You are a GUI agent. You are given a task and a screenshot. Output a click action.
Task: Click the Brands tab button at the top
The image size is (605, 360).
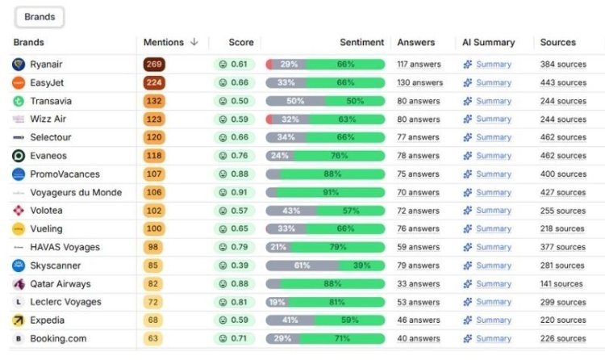pyautogui.click(x=39, y=16)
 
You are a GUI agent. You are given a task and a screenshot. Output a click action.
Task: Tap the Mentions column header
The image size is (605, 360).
pyautogui.click(x=164, y=43)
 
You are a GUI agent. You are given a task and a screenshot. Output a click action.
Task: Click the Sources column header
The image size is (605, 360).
pyautogui.click(x=558, y=43)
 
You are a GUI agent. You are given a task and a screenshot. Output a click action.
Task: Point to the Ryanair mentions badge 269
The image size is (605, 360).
pyautogui.click(x=153, y=65)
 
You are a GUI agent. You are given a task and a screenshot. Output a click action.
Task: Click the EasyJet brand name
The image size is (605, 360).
pyautogui.click(x=48, y=82)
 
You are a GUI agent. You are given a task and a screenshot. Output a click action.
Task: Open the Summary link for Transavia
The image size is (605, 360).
pyautogui.click(x=493, y=101)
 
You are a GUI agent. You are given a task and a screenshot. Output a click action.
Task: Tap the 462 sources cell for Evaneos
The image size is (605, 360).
pyautogui.click(x=563, y=156)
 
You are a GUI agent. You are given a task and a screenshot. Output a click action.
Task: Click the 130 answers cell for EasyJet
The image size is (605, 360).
pyautogui.click(x=419, y=82)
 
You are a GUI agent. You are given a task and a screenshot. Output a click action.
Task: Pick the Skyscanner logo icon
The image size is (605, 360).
pyautogui.click(x=19, y=266)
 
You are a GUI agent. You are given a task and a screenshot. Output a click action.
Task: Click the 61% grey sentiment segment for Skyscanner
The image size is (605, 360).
pyautogui.click(x=302, y=266)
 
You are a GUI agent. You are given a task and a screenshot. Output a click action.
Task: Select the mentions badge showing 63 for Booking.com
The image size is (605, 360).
pyautogui.click(x=153, y=338)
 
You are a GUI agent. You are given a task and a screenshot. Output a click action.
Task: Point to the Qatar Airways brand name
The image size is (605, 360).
pyautogui.click(x=60, y=284)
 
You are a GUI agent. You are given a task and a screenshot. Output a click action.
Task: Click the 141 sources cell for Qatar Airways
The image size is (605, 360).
pyautogui.click(x=561, y=284)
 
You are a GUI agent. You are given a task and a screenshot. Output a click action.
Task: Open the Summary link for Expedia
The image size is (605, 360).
pyautogui.click(x=493, y=320)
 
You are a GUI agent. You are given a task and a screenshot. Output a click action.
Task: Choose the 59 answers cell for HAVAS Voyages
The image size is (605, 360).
pyautogui.click(x=418, y=247)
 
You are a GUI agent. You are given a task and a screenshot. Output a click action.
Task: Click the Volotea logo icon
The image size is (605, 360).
pyautogui.click(x=19, y=211)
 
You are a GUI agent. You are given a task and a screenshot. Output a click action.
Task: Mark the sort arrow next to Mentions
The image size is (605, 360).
pyautogui.click(x=194, y=43)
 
